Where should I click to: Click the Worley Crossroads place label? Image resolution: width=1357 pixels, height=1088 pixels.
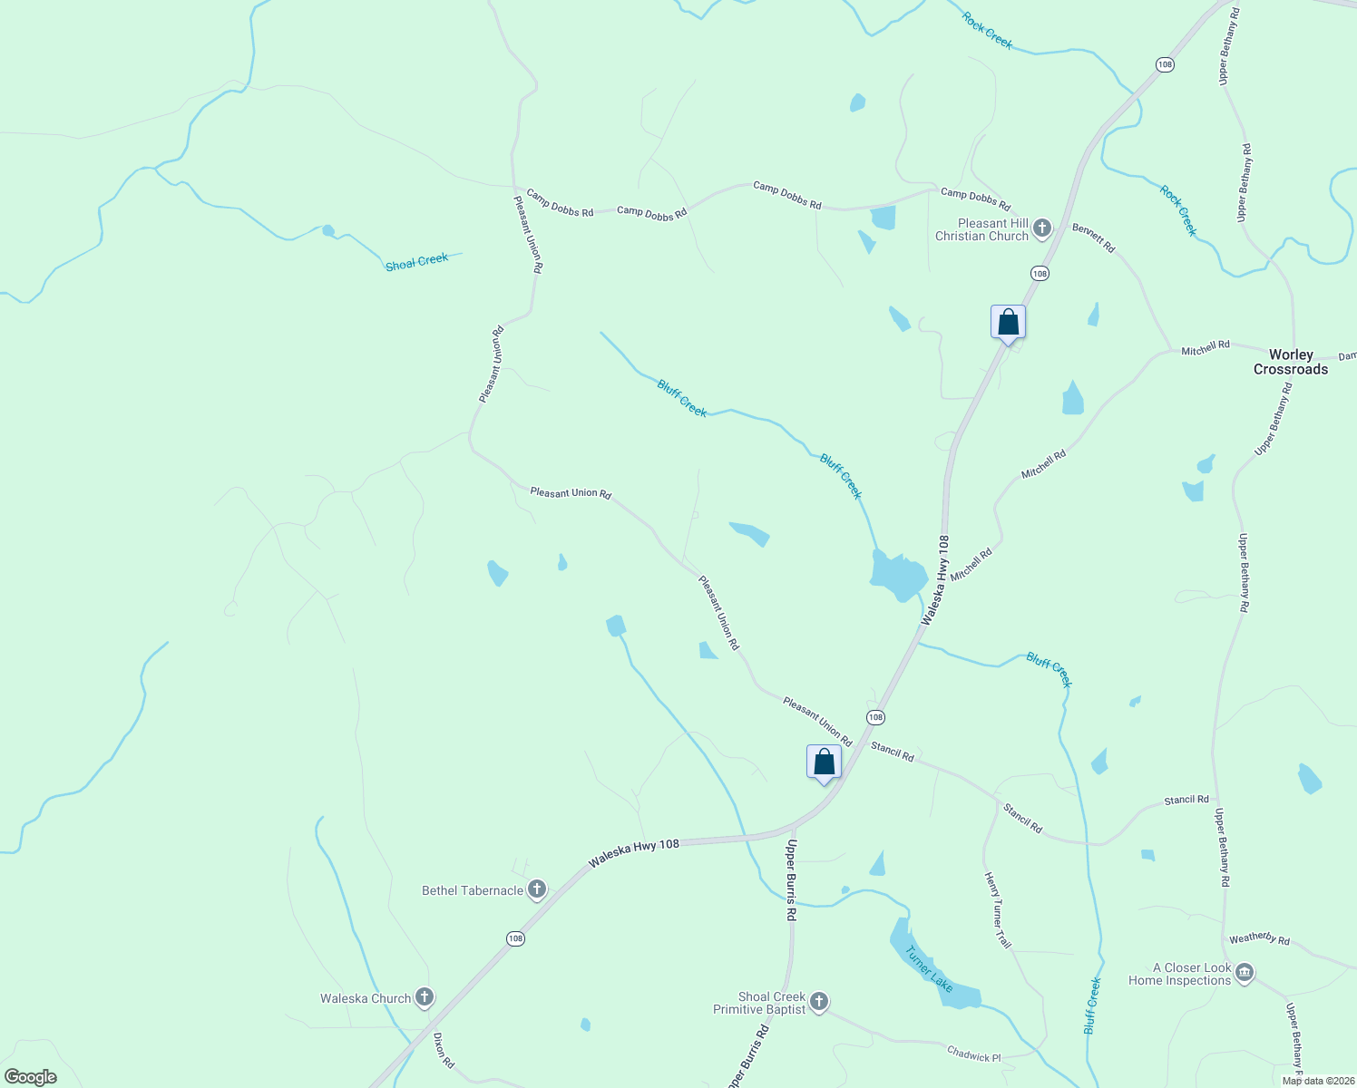tap(1291, 362)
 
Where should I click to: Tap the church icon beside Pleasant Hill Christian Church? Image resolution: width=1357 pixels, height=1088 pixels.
tap(1042, 228)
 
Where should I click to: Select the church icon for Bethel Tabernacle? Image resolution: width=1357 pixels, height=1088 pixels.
tap(537, 890)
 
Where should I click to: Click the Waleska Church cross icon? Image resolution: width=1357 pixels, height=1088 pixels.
tap(424, 998)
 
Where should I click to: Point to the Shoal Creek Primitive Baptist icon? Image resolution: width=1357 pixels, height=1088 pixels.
tap(818, 1002)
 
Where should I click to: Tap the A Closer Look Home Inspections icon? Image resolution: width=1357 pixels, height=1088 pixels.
tap(1245, 974)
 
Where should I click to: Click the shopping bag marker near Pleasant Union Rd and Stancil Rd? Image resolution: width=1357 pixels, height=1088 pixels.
tap(824, 763)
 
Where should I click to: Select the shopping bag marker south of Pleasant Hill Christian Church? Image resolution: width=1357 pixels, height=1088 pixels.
tap(1008, 322)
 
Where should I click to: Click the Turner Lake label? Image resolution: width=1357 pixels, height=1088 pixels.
tap(929, 968)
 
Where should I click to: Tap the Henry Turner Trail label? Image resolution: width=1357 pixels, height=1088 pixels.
tap(998, 910)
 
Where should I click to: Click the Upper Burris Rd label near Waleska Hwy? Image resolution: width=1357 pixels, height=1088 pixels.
tap(791, 880)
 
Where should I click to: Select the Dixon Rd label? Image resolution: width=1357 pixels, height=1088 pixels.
tap(444, 1050)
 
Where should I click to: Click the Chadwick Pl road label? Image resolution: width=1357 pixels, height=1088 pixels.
tap(973, 1054)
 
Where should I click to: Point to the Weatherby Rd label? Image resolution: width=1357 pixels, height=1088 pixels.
tap(1259, 939)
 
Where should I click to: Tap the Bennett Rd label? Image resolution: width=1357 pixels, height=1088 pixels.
tap(1093, 238)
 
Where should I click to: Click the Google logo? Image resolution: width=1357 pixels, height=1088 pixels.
tap(30, 1077)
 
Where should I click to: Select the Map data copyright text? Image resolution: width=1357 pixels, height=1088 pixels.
tap(1318, 1081)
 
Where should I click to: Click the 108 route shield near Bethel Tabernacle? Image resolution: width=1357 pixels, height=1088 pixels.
tap(515, 938)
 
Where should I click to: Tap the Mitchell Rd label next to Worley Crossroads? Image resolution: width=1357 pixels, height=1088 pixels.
tap(1206, 347)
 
